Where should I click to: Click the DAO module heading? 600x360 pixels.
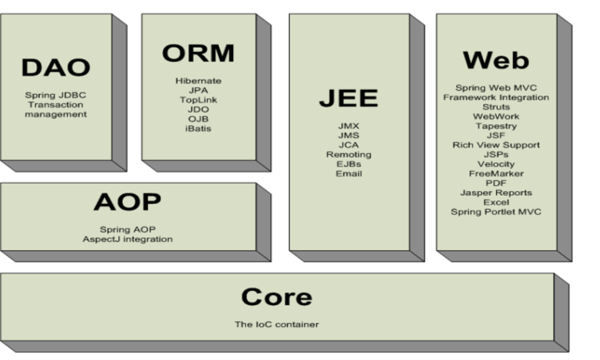(x=55, y=68)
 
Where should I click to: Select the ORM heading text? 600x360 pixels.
(x=198, y=53)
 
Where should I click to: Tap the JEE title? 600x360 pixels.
(x=349, y=99)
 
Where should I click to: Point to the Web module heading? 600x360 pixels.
(x=495, y=60)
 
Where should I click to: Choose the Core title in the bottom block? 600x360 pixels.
(x=276, y=297)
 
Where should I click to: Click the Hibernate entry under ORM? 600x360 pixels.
(x=198, y=81)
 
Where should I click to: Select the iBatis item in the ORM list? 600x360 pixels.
(x=198, y=128)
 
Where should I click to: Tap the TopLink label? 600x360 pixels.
(x=198, y=100)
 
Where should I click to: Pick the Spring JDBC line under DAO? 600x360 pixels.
(x=55, y=95)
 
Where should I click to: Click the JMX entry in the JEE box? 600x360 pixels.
(x=349, y=126)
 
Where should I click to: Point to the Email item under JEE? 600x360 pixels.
(x=349, y=174)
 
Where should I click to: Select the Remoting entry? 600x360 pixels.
(x=349, y=155)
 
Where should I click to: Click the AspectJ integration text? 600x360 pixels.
(x=127, y=239)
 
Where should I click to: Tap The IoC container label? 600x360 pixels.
(x=276, y=324)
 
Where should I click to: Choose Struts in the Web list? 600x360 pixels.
(x=496, y=107)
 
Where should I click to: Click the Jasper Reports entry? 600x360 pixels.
(x=496, y=192)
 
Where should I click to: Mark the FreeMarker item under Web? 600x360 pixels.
(x=496, y=174)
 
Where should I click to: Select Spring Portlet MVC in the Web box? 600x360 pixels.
(x=496, y=211)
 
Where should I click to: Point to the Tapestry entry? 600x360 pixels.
(x=496, y=126)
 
